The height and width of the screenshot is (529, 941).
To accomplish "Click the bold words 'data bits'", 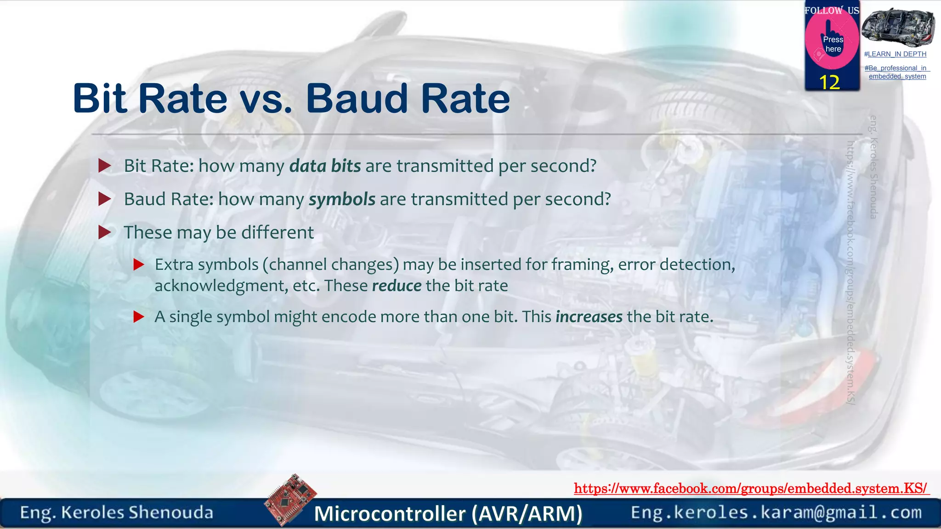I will [325, 166].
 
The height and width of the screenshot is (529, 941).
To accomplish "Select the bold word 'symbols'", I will [342, 199].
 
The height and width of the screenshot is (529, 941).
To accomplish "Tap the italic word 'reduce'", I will [397, 286].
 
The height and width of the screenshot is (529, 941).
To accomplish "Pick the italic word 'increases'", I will [589, 317].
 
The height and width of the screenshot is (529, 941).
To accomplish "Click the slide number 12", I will [829, 83].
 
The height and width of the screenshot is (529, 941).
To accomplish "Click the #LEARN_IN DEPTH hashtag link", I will [895, 54].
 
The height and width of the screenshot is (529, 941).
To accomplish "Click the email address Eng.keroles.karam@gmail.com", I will [776, 512].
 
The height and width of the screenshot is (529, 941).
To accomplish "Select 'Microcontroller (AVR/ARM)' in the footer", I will [448, 513].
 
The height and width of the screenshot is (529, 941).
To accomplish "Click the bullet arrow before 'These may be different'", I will [105, 232].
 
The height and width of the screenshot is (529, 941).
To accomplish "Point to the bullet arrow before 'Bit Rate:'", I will [105, 166].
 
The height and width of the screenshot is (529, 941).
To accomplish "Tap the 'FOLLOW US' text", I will [832, 10].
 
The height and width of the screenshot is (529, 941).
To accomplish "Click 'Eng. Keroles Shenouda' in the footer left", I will [117, 512].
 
